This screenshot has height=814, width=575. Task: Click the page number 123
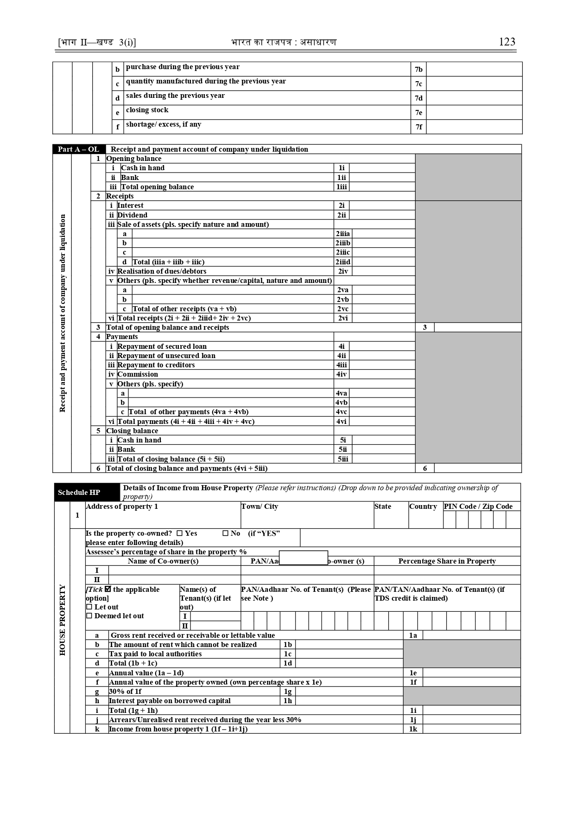pyautogui.click(x=507, y=42)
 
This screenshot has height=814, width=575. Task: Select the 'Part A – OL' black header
pyautogui.click(x=79, y=149)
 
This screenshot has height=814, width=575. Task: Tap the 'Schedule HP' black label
pyautogui.click(x=79, y=492)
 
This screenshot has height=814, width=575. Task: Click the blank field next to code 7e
pyautogui.click(x=474, y=113)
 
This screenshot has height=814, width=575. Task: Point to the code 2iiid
pyautogui.click(x=343, y=262)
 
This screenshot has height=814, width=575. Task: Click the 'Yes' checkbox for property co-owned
pyautogui.click(x=180, y=533)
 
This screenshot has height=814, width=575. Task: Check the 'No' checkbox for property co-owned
pyautogui.click(x=226, y=533)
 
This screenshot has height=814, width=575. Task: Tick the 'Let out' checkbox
pyautogui.click(x=89, y=607)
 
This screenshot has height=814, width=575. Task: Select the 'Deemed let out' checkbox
pyautogui.click(x=89, y=616)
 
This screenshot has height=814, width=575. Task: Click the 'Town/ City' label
pyautogui.click(x=259, y=506)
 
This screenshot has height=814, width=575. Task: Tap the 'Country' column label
pyautogui.click(x=423, y=506)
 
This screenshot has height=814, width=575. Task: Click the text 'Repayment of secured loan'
pyautogui.click(x=162, y=346)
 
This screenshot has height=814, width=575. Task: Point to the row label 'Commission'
pyautogui.click(x=138, y=374)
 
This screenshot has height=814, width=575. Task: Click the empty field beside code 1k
pyautogui.click(x=471, y=729)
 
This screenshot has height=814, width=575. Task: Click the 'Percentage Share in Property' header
pyautogui.click(x=447, y=561)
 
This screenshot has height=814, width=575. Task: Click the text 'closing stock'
pyautogui.click(x=147, y=110)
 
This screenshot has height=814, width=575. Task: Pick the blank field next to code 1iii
pyautogui.click(x=382, y=187)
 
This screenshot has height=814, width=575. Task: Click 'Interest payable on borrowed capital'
pyautogui.click(x=170, y=701)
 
